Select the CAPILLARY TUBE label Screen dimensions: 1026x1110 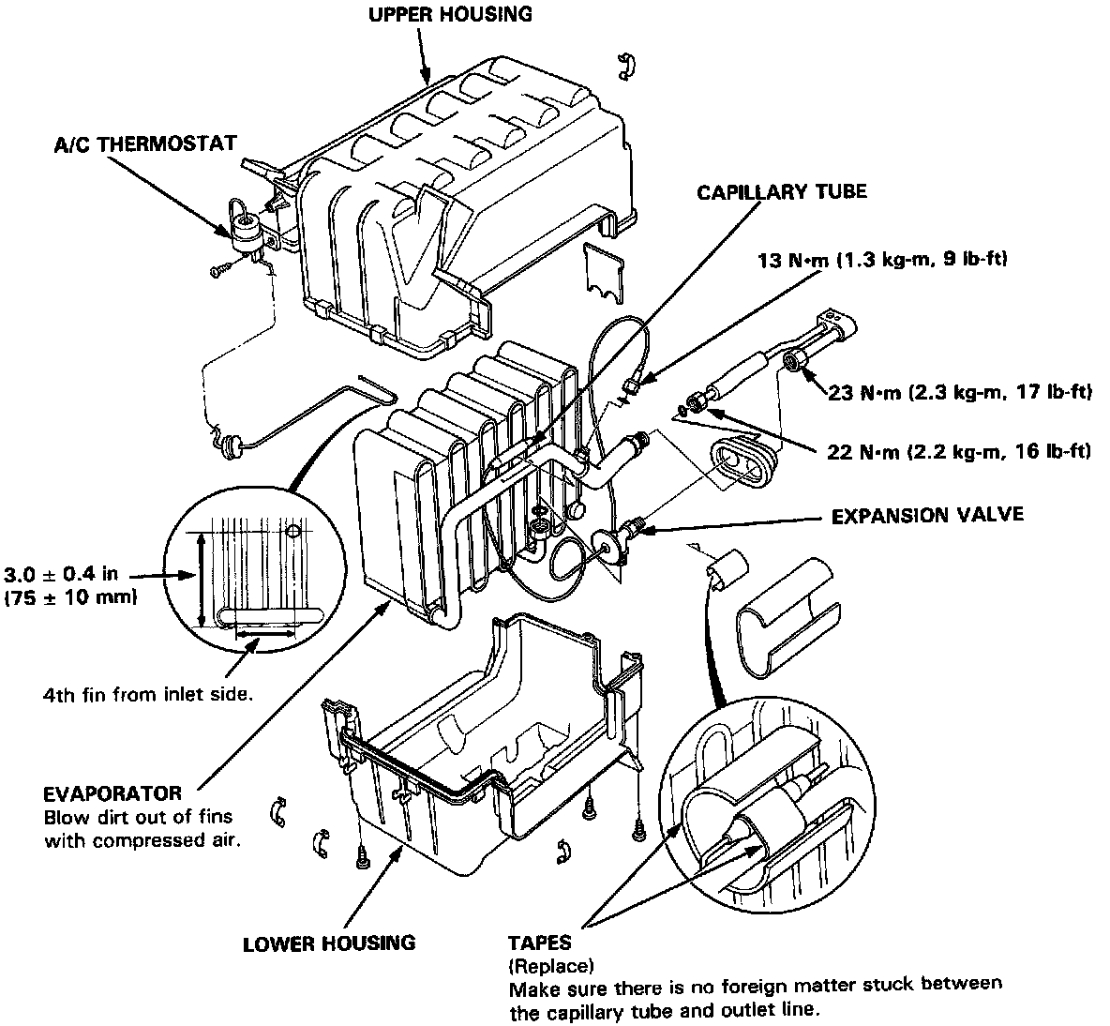[781, 192]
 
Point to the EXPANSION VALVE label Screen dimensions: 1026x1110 [927, 514]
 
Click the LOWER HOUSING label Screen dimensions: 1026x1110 [328, 943]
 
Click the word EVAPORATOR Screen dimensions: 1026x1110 [112, 793]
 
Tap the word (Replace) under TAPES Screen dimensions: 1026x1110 [550, 965]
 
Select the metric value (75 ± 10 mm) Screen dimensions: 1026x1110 [70, 597]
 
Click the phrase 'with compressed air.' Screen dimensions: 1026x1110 [142, 839]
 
